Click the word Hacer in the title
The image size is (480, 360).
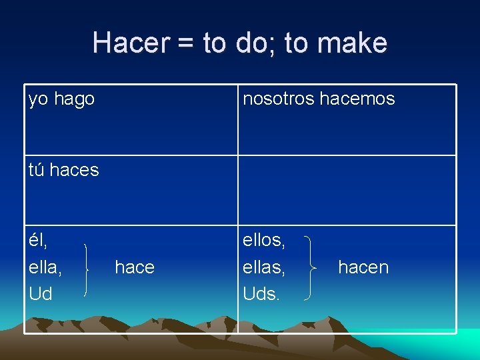pyautogui.click(x=131, y=43)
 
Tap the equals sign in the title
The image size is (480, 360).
pyautogui.click(x=186, y=43)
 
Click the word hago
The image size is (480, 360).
pyautogui.click(x=74, y=99)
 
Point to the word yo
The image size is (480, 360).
pyautogui.click(x=39, y=100)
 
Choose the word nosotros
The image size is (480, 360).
pyautogui.click(x=279, y=99)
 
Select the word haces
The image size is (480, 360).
pyautogui.click(x=74, y=170)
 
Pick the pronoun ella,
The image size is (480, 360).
pyautogui.click(x=45, y=267)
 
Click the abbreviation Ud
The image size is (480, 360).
pyautogui.click(x=41, y=294)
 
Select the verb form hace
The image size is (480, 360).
pyautogui.click(x=135, y=267)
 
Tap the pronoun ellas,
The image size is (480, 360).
pyautogui.click(x=265, y=267)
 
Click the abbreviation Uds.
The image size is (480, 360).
pyautogui.click(x=261, y=294)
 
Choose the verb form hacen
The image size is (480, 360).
pyautogui.click(x=363, y=267)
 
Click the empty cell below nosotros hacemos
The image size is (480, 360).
pyautogui.click(x=347, y=190)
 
